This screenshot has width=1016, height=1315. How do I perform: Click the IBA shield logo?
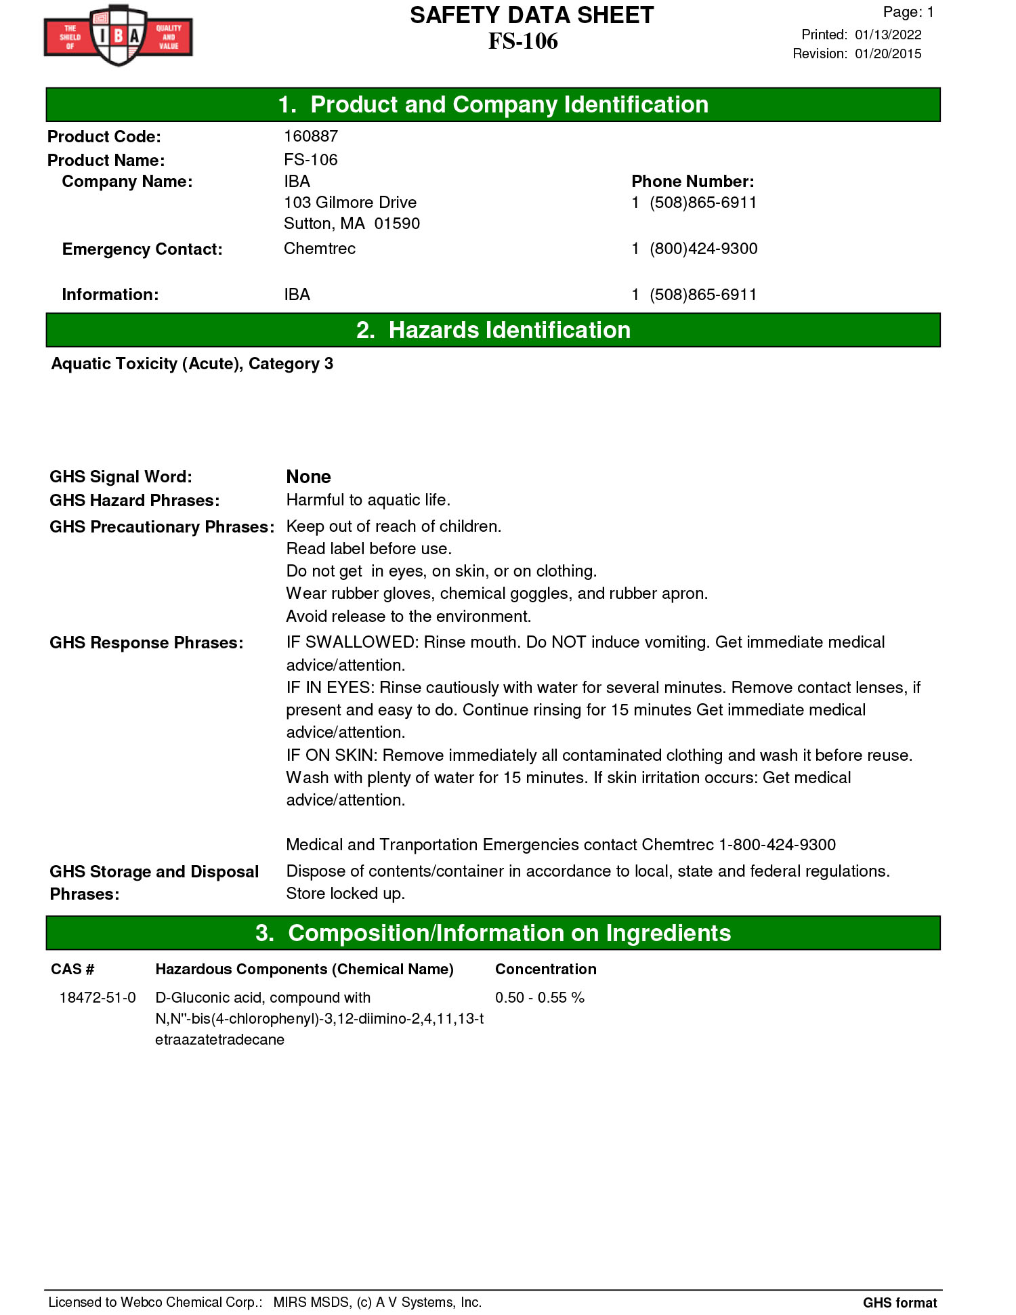tap(119, 35)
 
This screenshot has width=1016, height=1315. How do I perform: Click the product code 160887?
tap(311, 136)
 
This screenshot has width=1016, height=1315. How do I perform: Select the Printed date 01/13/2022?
tap(887, 35)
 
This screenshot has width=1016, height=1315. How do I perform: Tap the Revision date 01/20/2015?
tap(887, 54)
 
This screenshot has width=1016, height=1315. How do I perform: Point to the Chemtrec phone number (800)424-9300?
tap(703, 249)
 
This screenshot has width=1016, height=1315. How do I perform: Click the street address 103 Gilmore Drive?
tap(350, 203)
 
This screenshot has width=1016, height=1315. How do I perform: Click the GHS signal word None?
tap(308, 477)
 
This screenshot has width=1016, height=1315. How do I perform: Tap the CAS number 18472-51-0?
tap(98, 997)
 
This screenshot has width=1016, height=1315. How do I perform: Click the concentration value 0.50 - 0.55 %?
tap(539, 997)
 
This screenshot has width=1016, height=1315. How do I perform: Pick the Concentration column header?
tap(545, 969)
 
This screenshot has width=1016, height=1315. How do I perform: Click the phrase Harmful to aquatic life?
tap(368, 500)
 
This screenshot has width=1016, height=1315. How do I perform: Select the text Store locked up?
tap(345, 894)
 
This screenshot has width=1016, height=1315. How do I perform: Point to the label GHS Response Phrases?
tap(146, 643)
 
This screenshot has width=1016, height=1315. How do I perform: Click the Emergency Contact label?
tap(142, 249)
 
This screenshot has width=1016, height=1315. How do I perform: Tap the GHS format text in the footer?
tap(899, 1302)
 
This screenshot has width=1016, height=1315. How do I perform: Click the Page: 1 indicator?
tap(908, 12)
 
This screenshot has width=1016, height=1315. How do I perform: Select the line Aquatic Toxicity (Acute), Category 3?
tap(192, 364)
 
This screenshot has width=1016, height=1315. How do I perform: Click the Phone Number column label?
tap(692, 182)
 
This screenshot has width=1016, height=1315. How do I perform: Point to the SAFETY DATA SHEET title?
tap(532, 15)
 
